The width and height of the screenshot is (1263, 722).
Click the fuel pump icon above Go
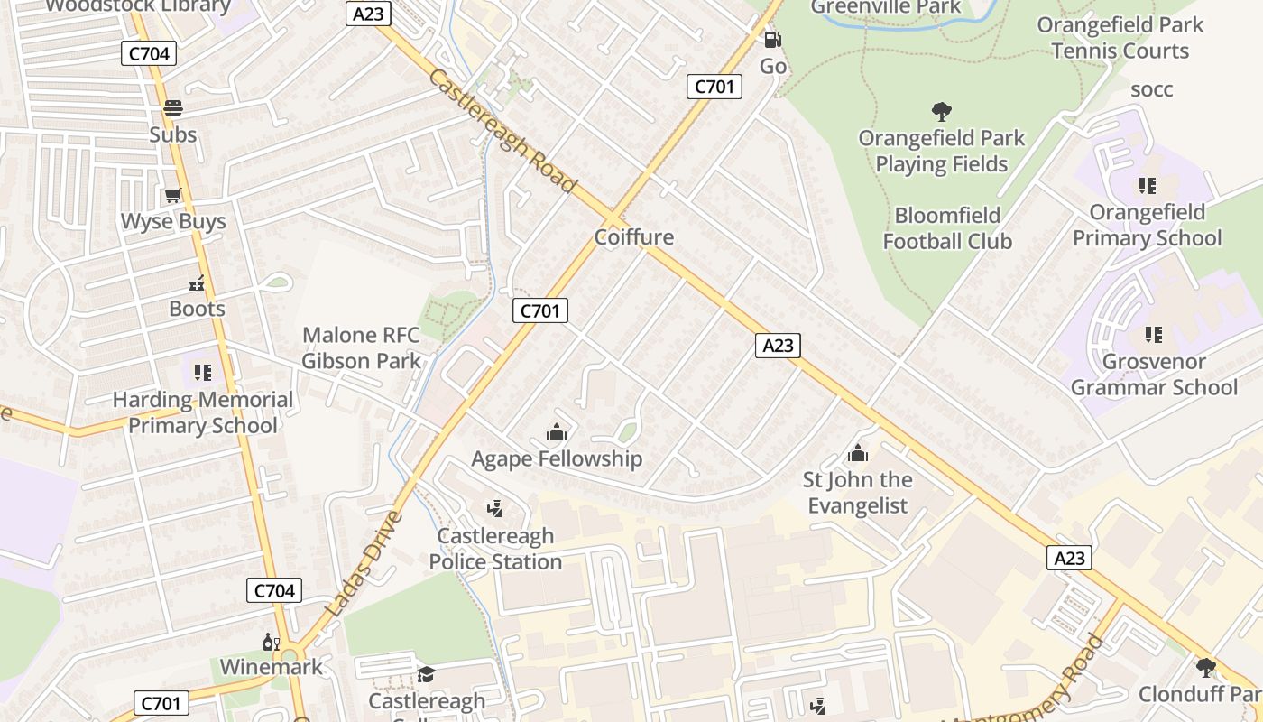772,39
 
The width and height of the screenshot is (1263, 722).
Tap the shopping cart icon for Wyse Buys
172,195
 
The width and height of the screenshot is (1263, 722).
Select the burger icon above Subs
172,108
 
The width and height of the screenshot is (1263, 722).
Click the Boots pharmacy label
197,309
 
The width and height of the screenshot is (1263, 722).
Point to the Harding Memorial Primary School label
203,412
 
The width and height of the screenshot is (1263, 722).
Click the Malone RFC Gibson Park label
361,348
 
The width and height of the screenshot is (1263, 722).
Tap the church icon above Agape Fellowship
557,432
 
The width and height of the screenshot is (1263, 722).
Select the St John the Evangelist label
858,493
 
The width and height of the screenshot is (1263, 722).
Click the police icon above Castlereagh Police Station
493,509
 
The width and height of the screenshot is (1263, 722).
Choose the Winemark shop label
272,667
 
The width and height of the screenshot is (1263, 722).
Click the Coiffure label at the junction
634,237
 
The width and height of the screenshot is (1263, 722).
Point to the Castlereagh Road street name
502,131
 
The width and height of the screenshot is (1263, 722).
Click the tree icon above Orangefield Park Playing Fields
941,112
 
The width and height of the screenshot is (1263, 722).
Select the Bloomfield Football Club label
947,228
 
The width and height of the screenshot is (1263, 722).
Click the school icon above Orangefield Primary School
1147,186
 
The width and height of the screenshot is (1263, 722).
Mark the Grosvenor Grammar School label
1154,375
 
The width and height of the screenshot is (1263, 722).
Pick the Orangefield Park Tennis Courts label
1120,38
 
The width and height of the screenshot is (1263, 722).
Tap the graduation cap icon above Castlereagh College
426,674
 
